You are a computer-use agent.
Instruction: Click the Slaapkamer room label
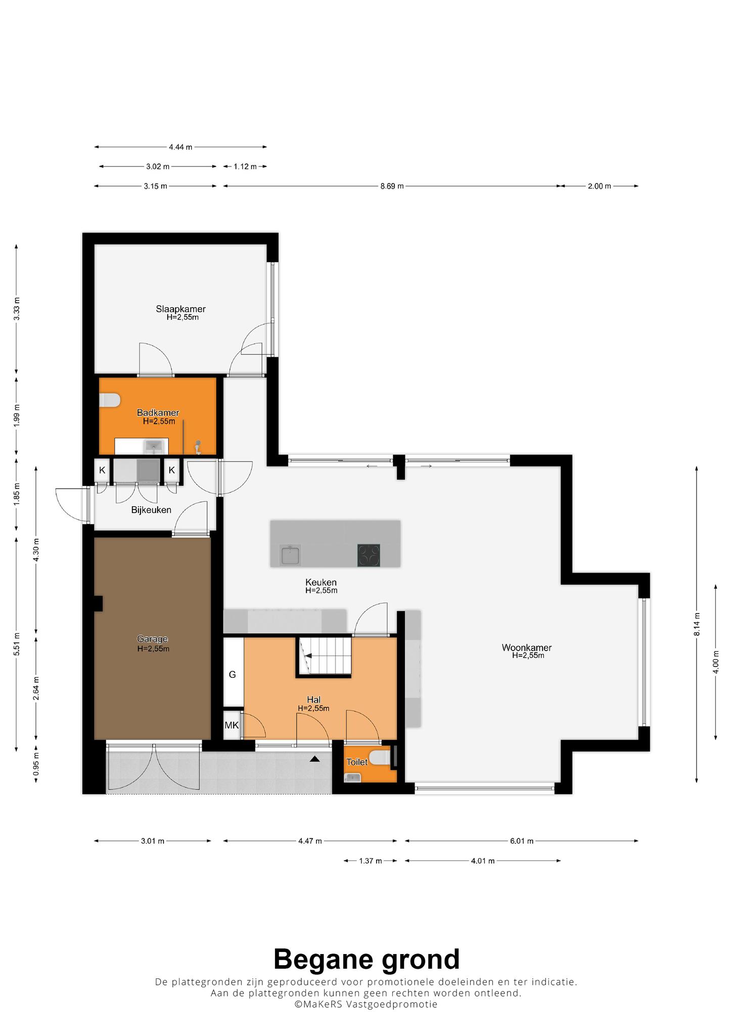tap(180, 309)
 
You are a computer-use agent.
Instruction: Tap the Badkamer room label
tap(158, 413)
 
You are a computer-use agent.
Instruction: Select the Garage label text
tap(152, 639)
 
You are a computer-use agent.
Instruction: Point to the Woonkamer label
tap(527, 647)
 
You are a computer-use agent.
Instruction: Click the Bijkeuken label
tap(151, 510)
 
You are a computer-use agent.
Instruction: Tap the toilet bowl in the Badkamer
tap(110, 400)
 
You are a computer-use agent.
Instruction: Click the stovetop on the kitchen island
tap(369, 555)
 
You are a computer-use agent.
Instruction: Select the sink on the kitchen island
tap(291, 555)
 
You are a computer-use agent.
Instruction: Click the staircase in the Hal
tap(324, 656)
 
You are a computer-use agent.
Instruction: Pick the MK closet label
tap(232, 725)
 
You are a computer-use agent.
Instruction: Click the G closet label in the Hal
tap(233, 674)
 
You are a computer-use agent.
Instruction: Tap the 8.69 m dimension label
tap(392, 186)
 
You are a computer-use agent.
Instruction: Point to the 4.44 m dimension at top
tap(180, 147)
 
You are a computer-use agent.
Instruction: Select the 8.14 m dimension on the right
tap(697, 624)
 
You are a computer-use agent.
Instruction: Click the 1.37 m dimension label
tap(371, 861)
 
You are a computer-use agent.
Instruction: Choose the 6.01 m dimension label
tap(522, 841)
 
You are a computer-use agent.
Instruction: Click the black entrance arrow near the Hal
tap(315, 759)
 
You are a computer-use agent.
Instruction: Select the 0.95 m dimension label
tap(36, 764)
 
